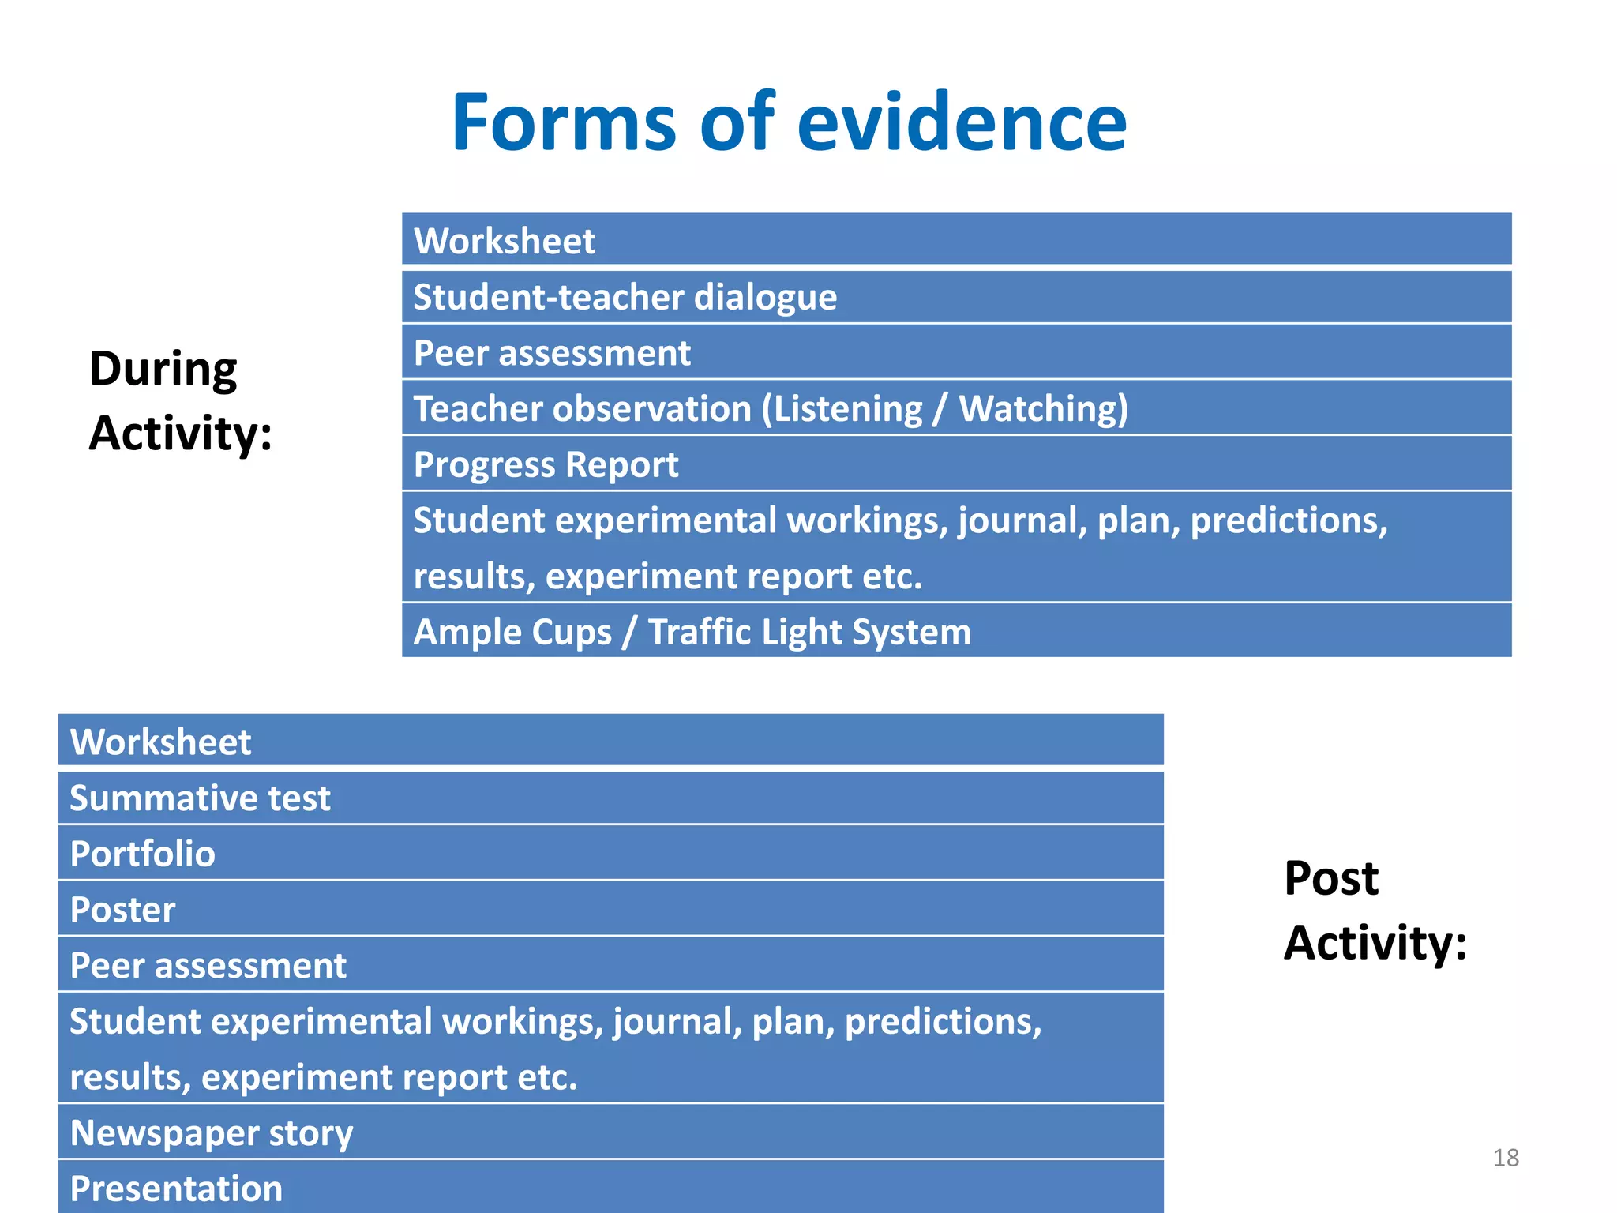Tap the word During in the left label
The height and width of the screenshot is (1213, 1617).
point(163,370)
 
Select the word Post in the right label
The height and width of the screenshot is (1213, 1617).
point(1331,878)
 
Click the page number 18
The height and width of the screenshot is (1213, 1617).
point(1506,1158)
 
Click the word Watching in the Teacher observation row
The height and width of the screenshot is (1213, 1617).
point(1043,409)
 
